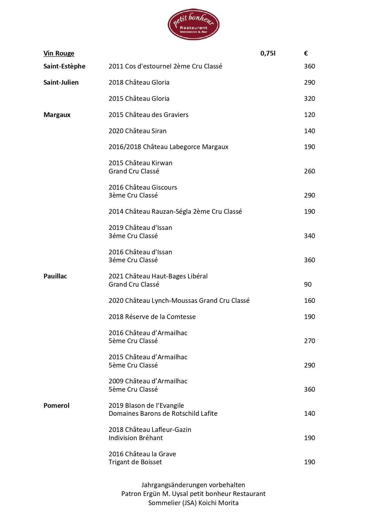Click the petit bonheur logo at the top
(193, 24)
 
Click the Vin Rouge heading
(59, 53)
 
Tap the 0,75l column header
(268, 53)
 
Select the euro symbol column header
(306, 53)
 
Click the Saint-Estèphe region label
(64, 66)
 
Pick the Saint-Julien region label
(61, 82)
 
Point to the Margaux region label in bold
(57, 115)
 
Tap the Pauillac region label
(55, 276)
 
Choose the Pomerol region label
(57, 405)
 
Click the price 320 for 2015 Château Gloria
(309, 98)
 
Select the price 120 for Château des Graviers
(309, 115)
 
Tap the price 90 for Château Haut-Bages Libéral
(308, 284)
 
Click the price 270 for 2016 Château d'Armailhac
(309, 341)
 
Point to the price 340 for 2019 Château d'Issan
(309, 236)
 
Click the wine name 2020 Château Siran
(137, 131)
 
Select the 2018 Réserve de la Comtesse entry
(152, 317)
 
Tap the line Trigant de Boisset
(135, 462)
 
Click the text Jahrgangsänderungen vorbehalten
(193, 485)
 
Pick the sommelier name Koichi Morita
(218, 503)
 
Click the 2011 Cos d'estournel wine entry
(165, 66)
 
